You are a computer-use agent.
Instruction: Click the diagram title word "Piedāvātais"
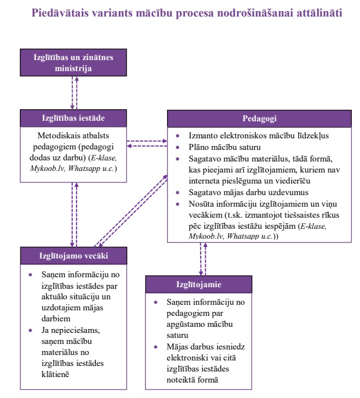59,12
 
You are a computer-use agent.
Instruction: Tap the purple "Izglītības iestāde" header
73,117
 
